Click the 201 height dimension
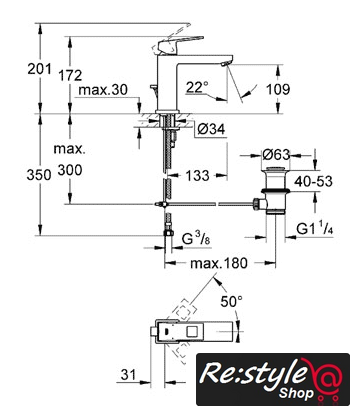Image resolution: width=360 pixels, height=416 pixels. tap(39, 69)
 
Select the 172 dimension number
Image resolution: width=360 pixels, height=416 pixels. tap(70, 75)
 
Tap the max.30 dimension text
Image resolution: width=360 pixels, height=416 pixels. tap(103, 90)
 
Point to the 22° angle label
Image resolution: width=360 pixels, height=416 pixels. tap(197, 87)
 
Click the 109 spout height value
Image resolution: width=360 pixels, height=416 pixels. tap(278, 89)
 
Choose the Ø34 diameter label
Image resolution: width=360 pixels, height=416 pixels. tap(211, 129)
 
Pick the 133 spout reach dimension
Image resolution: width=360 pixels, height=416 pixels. tap(197, 175)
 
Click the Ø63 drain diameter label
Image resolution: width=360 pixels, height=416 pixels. tap(276, 154)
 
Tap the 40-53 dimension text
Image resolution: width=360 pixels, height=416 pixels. tap(313, 181)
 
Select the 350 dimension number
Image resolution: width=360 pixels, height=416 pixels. tap(39, 175)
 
